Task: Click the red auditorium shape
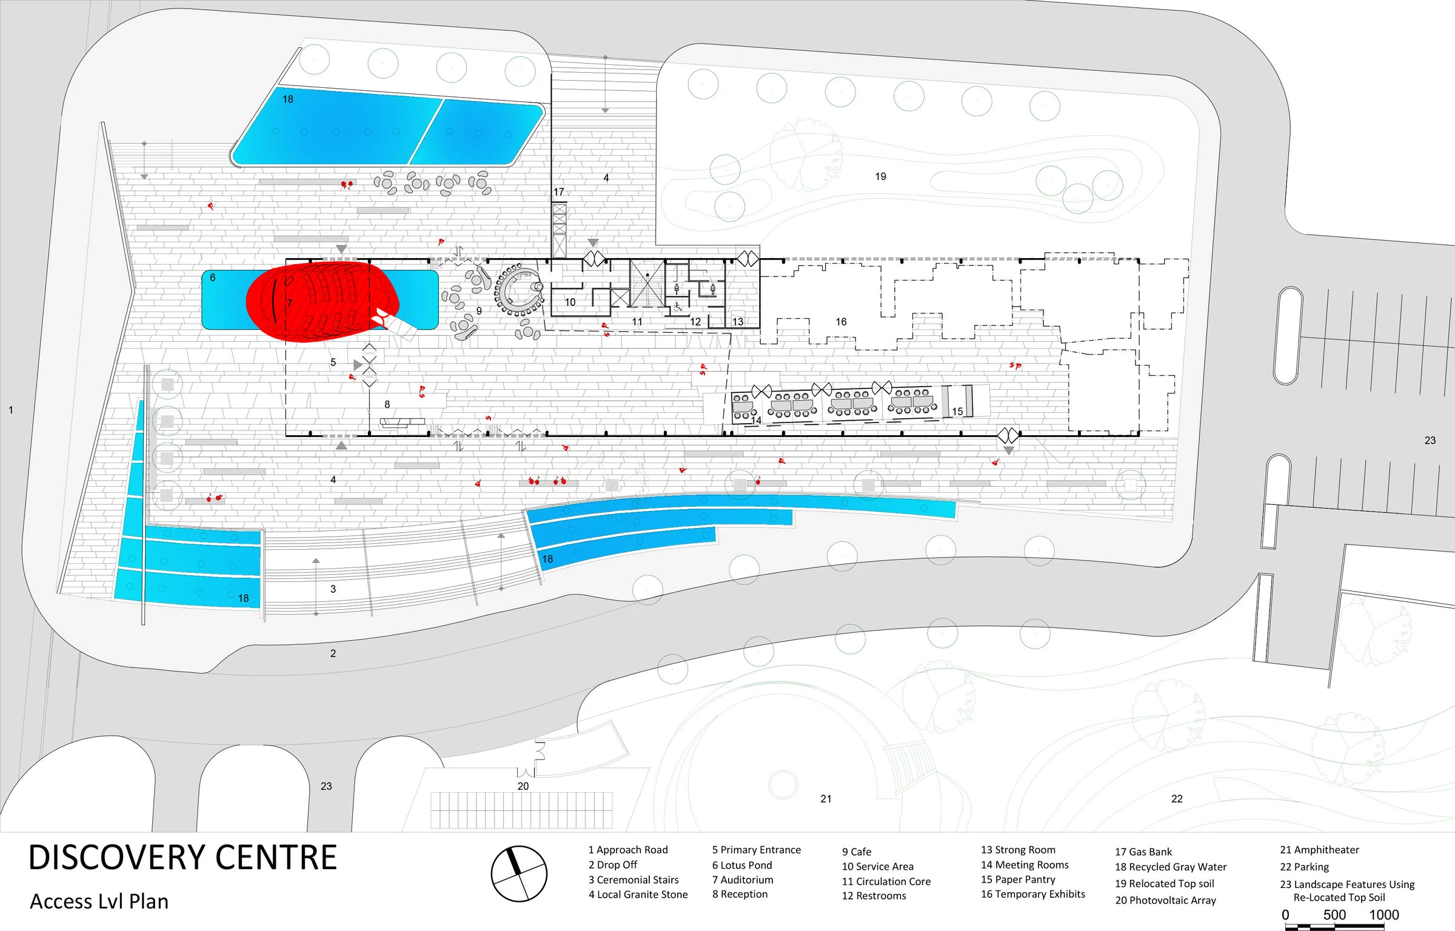tap(321, 302)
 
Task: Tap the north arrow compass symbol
tap(518, 873)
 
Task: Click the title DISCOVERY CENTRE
tap(182, 858)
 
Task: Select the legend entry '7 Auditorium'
tap(743, 879)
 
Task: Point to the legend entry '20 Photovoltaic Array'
tap(1165, 900)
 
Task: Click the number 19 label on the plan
tap(880, 176)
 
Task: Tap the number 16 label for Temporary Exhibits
tap(841, 322)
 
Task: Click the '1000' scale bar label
tap(1383, 915)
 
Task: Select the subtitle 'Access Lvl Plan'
tap(99, 901)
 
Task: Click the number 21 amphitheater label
tap(826, 799)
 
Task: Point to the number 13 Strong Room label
tap(737, 322)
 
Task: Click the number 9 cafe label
tap(479, 311)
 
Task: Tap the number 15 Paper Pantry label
tap(957, 412)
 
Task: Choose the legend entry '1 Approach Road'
tap(628, 850)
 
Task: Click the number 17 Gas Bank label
tap(558, 192)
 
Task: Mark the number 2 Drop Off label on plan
tap(333, 653)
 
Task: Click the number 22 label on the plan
tap(1177, 799)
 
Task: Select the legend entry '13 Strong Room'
tap(1018, 850)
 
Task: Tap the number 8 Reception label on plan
tap(387, 404)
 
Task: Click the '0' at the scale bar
tap(1285, 915)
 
